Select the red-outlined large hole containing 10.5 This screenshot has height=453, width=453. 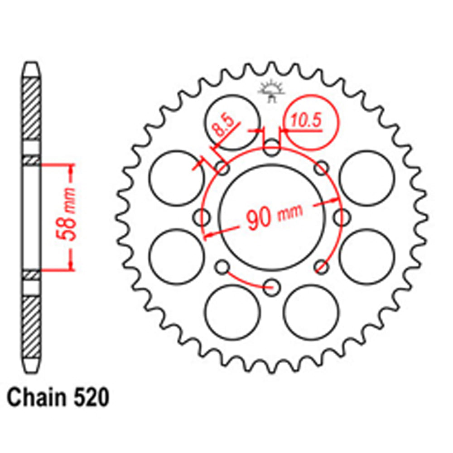click(x=311, y=122)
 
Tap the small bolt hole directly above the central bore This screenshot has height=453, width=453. click(x=272, y=147)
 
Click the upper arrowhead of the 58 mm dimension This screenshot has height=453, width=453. click(x=71, y=168)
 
